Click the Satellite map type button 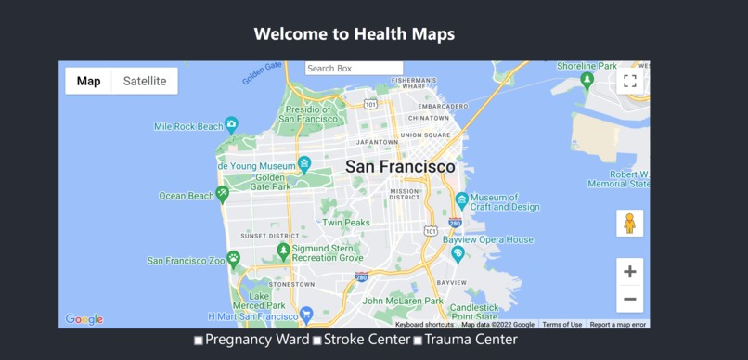click(x=145, y=81)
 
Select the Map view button click(x=89, y=81)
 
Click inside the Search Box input click(x=354, y=69)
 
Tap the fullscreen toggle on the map click(x=629, y=81)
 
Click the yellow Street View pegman click(x=629, y=224)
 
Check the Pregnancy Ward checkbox click(x=199, y=341)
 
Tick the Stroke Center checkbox click(x=316, y=341)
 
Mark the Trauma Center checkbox click(x=418, y=341)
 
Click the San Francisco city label click(x=400, y=167)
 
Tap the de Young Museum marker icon click(x=304, y=165)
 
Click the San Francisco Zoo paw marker click(x=234, y=259)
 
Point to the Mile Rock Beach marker click(x=232, y=124)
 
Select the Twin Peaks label click(x=345, y=223)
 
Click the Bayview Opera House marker click(x=457, y=252)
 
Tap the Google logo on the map click(x=84, y=319)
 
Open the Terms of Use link click(x=562, y=325)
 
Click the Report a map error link click(x=618, y=325)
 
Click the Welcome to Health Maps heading click(x=355, y=34)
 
